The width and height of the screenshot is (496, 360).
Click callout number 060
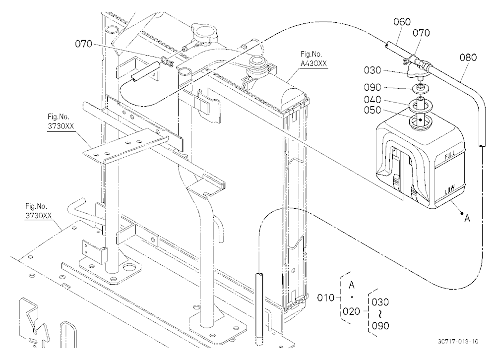[x=402, y=22]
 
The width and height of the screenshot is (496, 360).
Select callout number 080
[x=468, y=58]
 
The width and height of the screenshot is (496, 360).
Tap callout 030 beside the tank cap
[x=372, y=70]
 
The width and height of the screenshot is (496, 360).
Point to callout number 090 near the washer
[x=372, y=87]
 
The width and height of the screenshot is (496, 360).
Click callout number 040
[x=372, y=100]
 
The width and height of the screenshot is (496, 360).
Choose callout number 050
[x=372, y=111]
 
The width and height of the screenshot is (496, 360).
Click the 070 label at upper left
[x=83, y=44]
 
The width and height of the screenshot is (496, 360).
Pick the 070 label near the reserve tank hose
[x=421, y=33]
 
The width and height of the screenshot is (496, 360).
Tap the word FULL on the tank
[x=449, y=155]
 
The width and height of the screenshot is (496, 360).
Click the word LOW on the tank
[x=449, y=190]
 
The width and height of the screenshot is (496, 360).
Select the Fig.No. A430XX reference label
[x=313, y=59]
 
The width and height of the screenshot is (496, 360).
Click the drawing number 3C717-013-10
[x=458, y=341]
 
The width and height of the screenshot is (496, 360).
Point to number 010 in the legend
[x=325, y=298]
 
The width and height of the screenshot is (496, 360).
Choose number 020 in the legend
[x=352, y=311]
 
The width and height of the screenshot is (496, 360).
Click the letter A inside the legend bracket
[x=352, y=285]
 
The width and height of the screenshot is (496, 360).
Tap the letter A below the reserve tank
[x=467, y=218]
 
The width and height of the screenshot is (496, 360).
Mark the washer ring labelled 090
[x=421, y=88]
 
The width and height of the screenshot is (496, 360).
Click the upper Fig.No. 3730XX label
[x=61, y=122]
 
